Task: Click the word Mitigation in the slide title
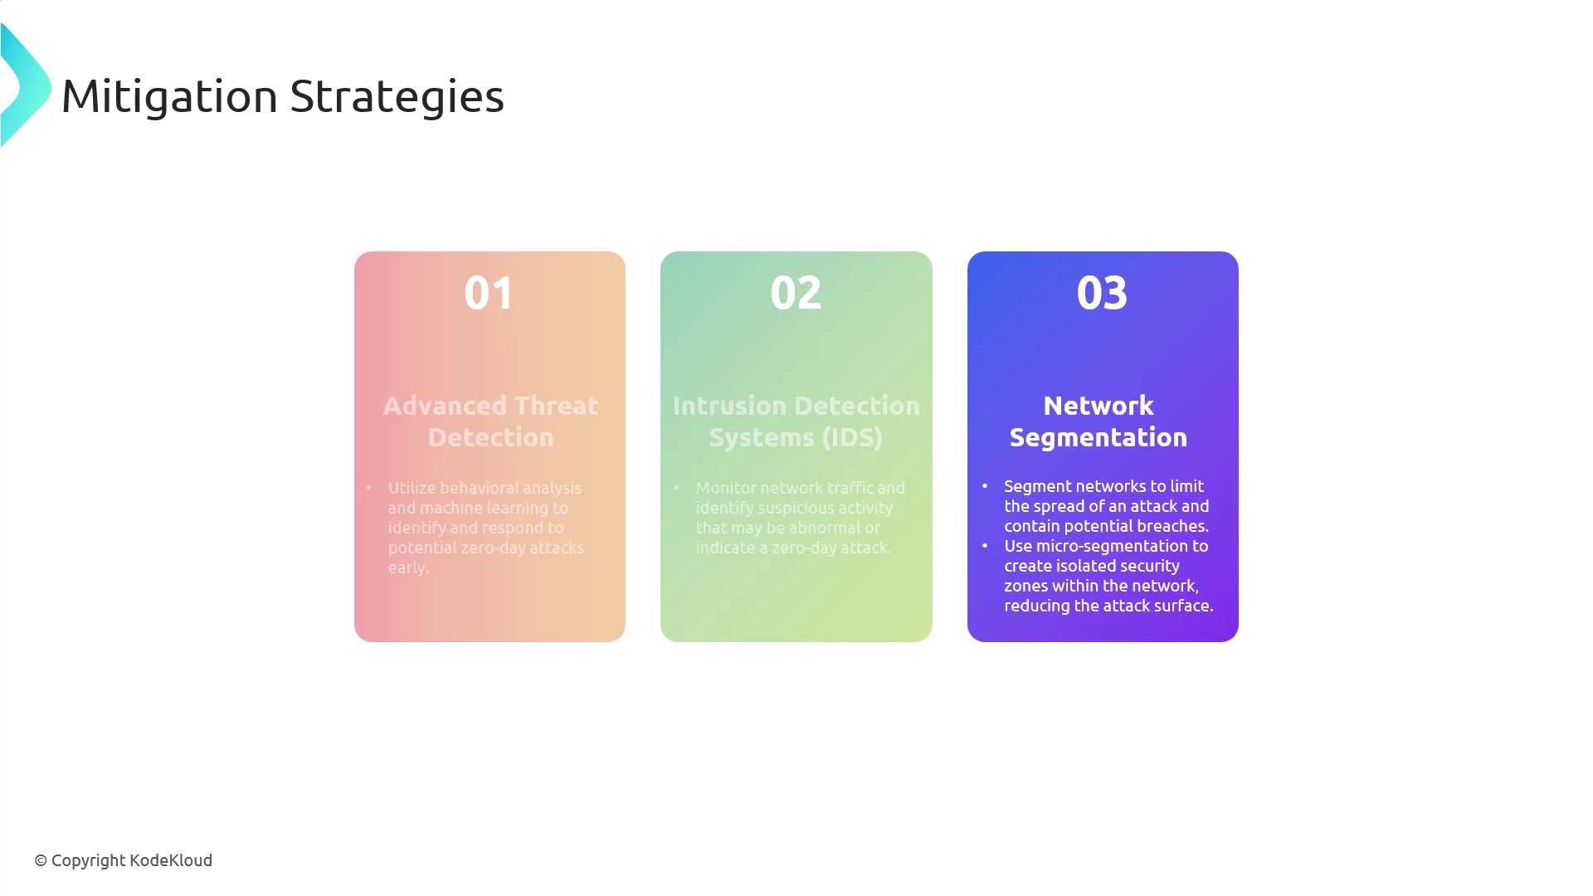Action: [169, 97]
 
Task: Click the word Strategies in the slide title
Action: [397, 97]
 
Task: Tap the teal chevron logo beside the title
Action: [26, 85]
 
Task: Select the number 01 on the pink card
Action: [489, 292]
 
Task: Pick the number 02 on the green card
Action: [796, 292]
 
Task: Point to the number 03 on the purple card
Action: [1102, 292]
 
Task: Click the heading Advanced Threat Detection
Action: [490, 421]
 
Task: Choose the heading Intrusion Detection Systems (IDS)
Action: [796, 421]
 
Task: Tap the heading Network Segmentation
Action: [1099, 421]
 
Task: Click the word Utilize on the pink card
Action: [412, 488]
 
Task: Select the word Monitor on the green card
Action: [725, 488]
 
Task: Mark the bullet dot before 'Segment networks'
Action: [985, 486]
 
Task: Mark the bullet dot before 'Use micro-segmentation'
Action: [985, 546]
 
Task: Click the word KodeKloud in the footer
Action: [171, 860]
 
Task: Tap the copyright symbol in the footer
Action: [41, 861]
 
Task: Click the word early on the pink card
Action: [408, 568]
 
